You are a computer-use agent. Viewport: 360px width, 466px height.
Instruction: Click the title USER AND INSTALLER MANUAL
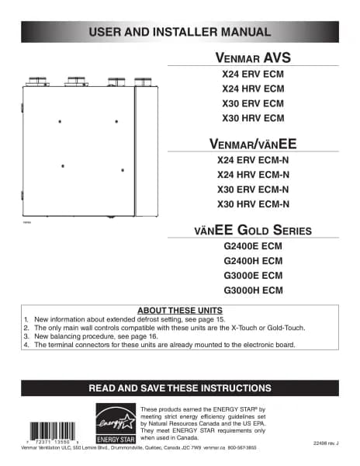point(180,32)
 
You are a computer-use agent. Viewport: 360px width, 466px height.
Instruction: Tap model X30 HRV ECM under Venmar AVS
point(253,118)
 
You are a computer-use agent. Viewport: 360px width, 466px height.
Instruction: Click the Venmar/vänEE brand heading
point(254,144)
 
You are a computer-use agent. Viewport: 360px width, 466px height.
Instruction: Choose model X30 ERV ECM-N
point(254,189)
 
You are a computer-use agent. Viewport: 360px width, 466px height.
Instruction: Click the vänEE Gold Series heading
point(253,230)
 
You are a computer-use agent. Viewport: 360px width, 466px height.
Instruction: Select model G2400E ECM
point(253,247)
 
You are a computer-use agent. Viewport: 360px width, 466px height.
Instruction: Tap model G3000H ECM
point(253,290)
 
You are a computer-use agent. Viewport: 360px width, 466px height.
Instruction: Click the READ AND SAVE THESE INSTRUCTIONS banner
point(180,388)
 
